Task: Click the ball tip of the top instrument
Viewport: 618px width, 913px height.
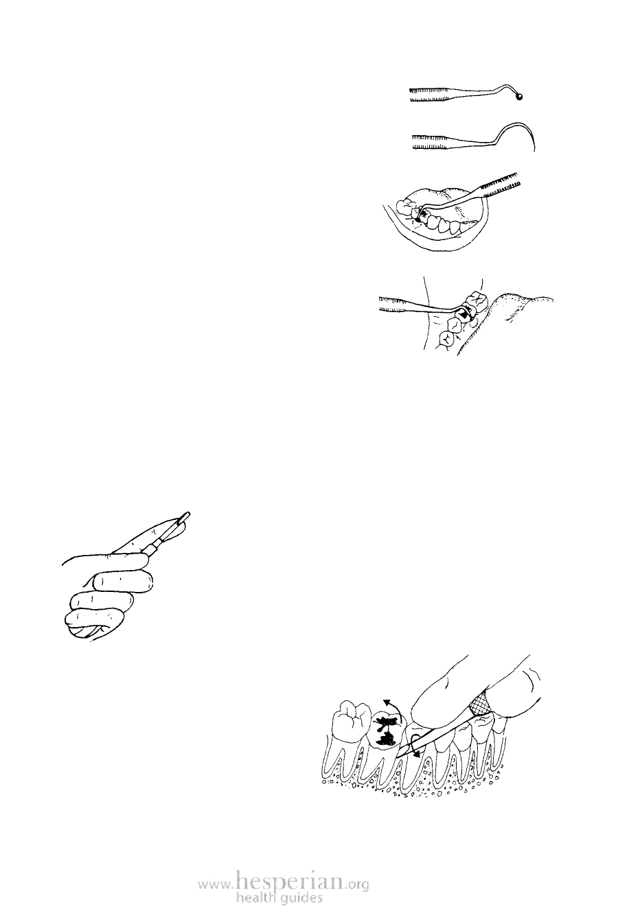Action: pos(520,97)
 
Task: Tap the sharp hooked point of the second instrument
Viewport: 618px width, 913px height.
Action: pos(534,151)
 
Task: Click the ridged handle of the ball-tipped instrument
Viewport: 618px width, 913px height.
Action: pos(428,94)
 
